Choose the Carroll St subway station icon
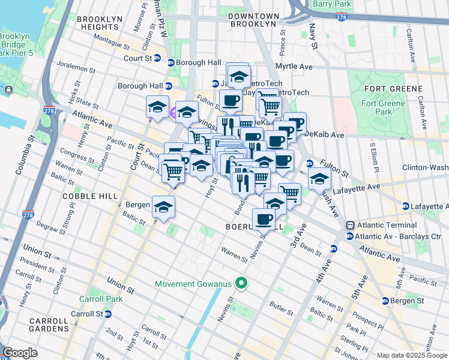107,314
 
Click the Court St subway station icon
157,58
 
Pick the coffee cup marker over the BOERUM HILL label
264,219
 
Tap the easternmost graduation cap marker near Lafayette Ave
319,179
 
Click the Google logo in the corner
20,353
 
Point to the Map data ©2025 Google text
412,355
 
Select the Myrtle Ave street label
293,66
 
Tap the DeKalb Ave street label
324,135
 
